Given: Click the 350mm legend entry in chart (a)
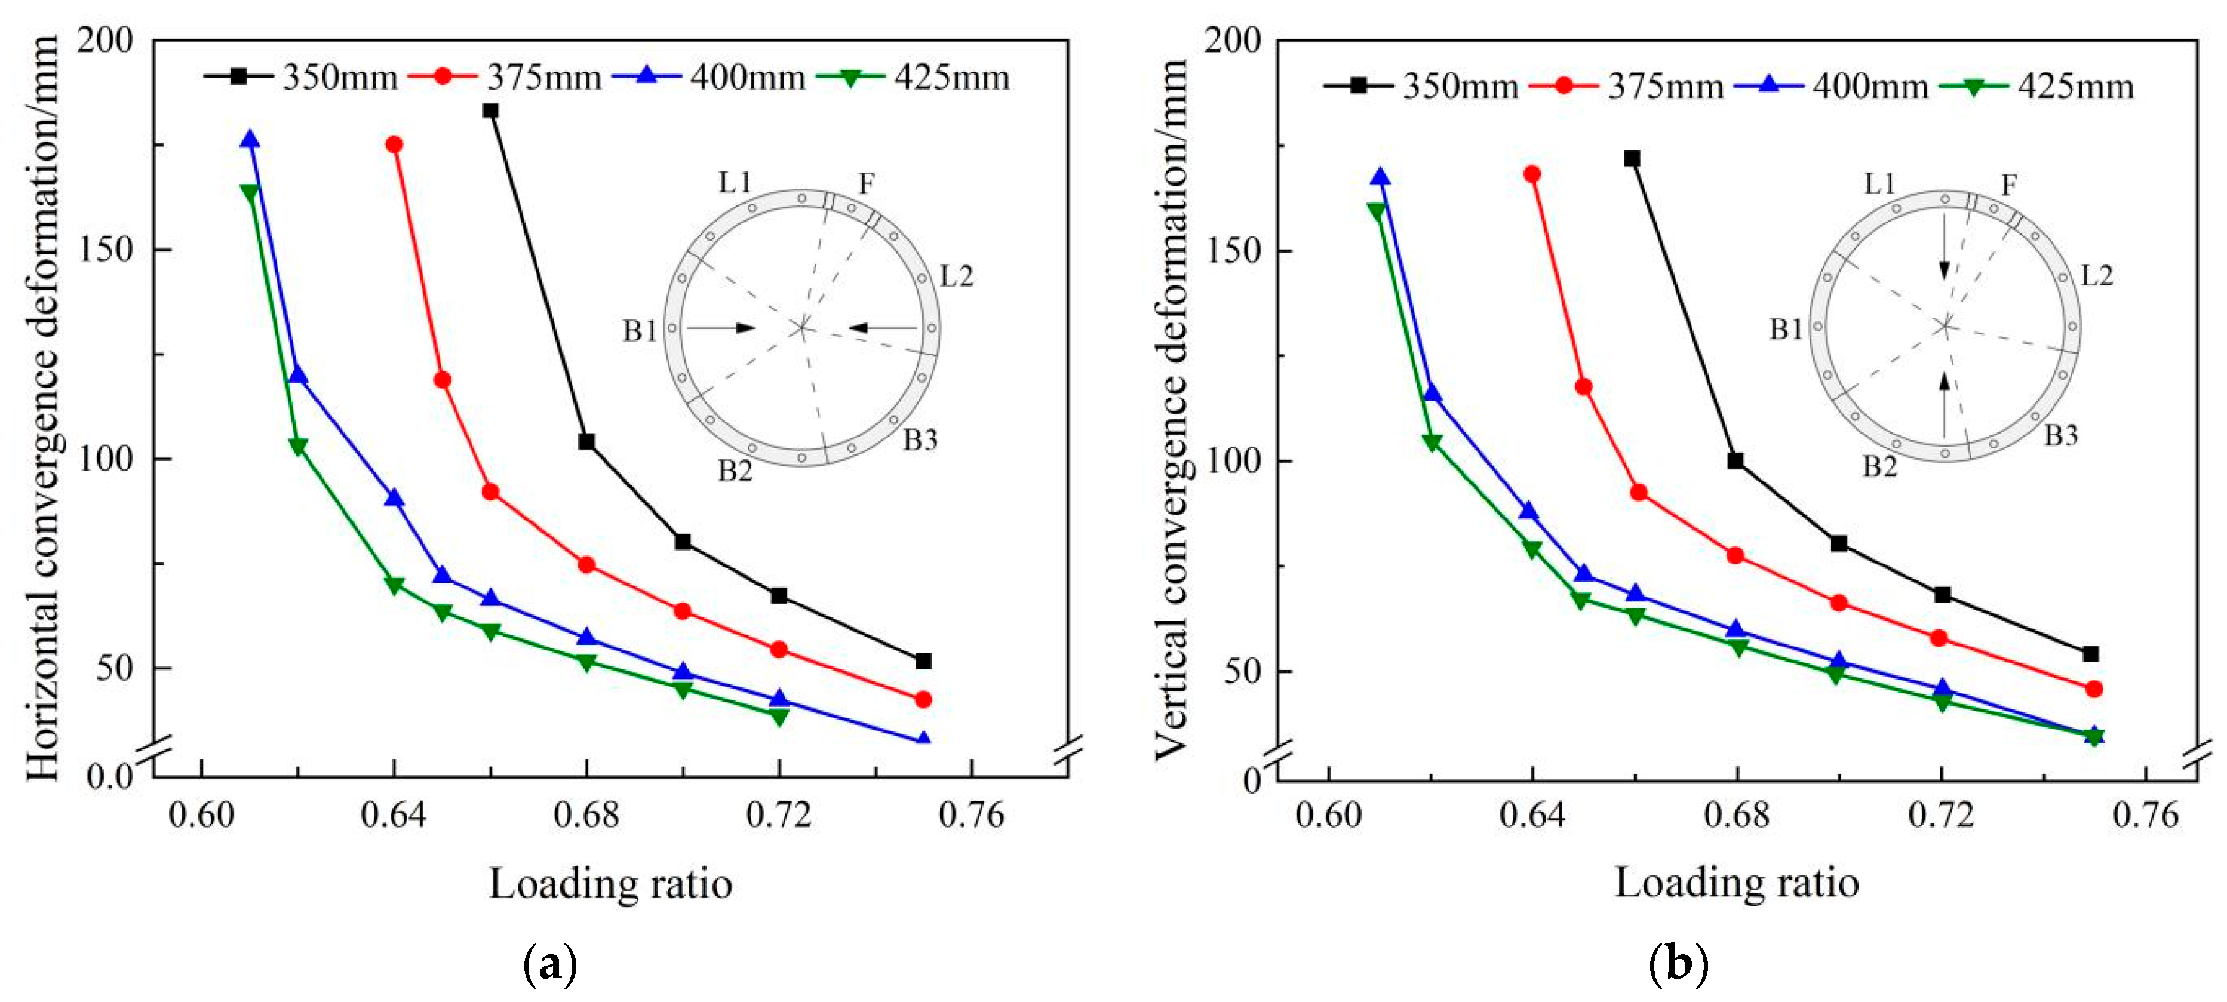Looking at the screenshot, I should coord(303,77).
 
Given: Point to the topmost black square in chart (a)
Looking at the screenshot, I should coord(490,110).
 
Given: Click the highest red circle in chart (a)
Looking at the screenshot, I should coord(394,145).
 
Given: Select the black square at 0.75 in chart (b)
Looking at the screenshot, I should coord(2090,654).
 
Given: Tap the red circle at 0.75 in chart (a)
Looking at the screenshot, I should coord(923,699).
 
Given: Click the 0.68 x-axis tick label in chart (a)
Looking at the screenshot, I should coord(586,815).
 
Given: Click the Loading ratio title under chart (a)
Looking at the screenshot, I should coord(610,884).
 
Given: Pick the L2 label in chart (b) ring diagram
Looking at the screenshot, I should coord(2096,276).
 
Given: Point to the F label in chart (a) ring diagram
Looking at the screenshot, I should coord(865,184).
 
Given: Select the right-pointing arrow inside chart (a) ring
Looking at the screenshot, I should coord(722,328).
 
